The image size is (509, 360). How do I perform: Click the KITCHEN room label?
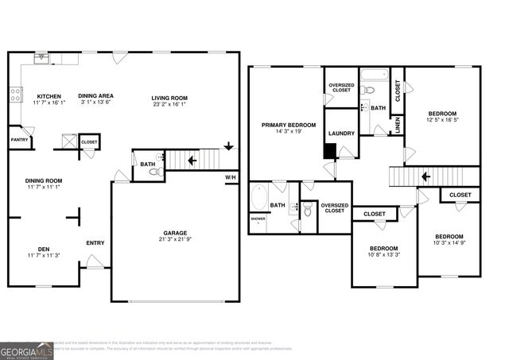(x=46, y=96)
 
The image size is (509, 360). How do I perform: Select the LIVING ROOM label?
(x=171, y=96)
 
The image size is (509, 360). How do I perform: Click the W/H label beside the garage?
(x=231, y=177)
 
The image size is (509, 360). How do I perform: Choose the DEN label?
(x=46, y=248)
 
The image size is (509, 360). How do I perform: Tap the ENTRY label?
(x=95, y=243)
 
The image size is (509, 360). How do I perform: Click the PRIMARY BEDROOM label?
(x=289, y=125)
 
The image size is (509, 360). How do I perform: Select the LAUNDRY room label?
(x=340, y=134)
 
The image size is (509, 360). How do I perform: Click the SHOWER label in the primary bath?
(x=258, y=218)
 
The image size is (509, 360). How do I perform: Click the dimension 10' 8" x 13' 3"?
(x=383, y=256)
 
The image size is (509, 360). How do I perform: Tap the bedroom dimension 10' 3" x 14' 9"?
(x=449, y=244)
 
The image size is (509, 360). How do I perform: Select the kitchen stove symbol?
(x=14, y=95)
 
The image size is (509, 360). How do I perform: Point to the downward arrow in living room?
(x=228, y=146)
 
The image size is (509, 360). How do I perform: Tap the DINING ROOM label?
(x=44, y=180)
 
